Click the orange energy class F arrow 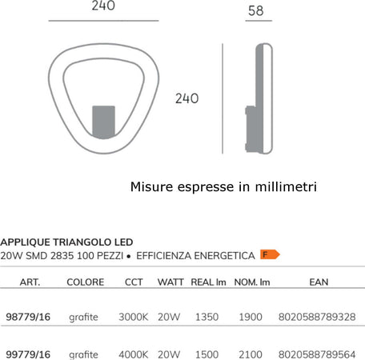270,254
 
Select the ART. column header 30,282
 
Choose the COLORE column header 85,282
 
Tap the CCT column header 134,282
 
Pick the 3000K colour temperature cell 133,318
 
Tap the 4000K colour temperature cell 133,354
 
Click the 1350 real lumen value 207,318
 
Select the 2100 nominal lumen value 251,354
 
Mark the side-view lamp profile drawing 260,98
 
